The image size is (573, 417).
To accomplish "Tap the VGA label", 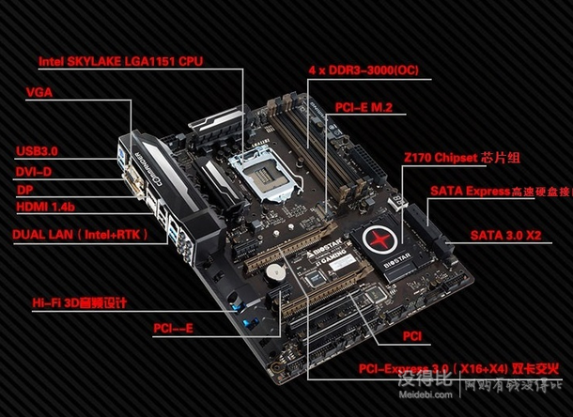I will [40, 93].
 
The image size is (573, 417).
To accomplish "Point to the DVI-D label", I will [35, 171].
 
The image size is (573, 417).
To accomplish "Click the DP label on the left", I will [25, 190].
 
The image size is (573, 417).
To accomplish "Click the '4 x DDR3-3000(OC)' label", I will [364, 70].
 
